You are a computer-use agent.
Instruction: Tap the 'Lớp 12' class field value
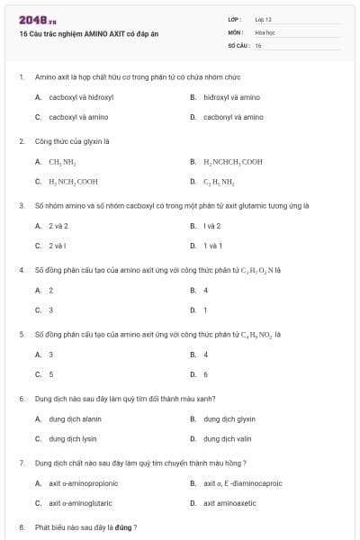pyautogui.click(x=264, y=19)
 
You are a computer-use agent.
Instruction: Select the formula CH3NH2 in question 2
pyautogui.click(x=62, y=162)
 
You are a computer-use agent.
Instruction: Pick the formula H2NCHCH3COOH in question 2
pyautogui.click(x=233, y=162)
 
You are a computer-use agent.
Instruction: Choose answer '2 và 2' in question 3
pyautogui.click(x=58, y=226)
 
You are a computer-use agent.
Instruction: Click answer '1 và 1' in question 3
pyautogui.click(x=212, y=246)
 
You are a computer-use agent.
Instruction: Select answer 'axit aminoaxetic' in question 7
pyautogui.click(x=229, y=503)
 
